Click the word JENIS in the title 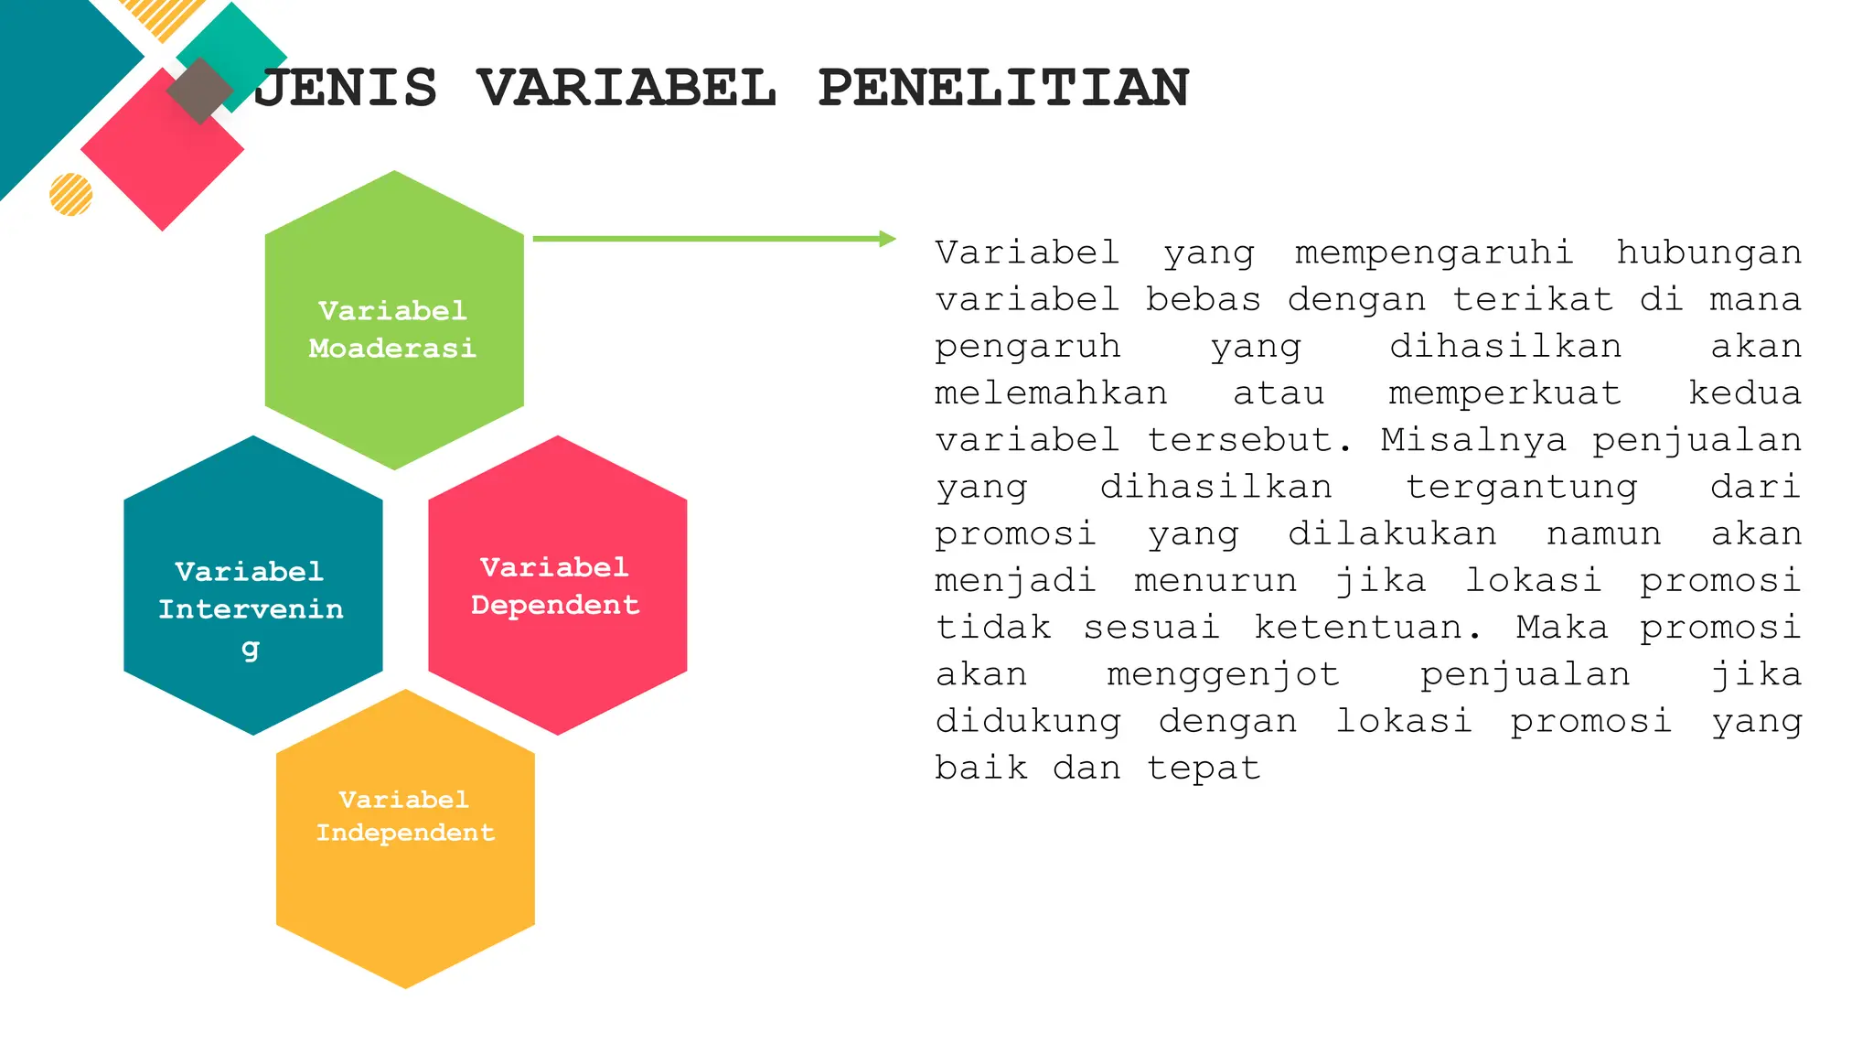click(346, 88)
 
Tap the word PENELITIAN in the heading click(1003, 88)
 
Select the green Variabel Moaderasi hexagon click(394, 320)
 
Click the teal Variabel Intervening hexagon click(252, 586)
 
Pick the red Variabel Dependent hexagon click(557, 586)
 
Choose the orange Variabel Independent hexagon click(405, 839)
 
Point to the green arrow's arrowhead click(886, 239)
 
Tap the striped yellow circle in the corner click(71, 194)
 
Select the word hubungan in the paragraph click(1708, 253)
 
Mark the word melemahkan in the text click(1051, 393)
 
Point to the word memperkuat click(1504, 393)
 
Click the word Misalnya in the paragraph click(1473, 440)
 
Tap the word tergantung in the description click(1521, 487)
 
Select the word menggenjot click(1223, 674)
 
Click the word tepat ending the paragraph click(1204, 768)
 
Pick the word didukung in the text click(1027, 721)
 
